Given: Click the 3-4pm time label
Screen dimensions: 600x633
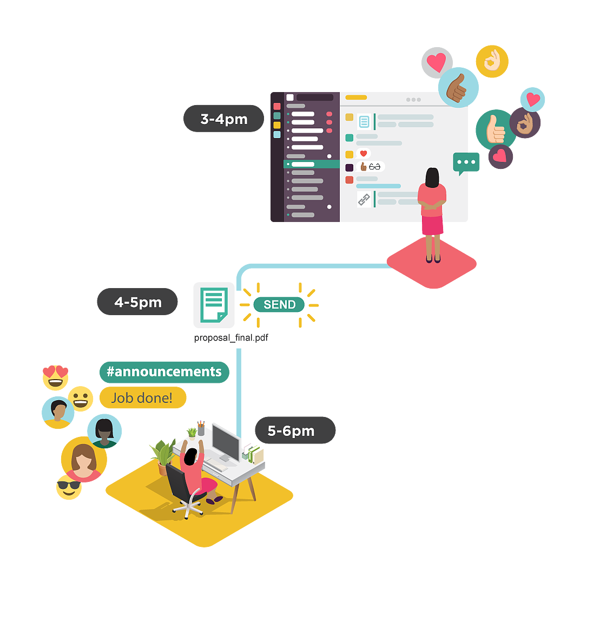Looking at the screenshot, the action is click(223, 119).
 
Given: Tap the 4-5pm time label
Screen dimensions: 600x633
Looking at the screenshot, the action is click(137, 302).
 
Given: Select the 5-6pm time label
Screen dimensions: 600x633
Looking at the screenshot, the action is click(295, 430).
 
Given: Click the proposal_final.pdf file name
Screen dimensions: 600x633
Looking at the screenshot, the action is click(231, 338).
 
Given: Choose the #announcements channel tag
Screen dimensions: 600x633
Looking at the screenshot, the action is click(164, 372).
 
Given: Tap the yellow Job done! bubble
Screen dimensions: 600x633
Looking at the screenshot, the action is click(142, 398).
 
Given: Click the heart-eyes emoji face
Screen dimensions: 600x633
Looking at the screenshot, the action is click(55, 377).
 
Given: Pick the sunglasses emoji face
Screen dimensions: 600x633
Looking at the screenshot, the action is click(69, 487).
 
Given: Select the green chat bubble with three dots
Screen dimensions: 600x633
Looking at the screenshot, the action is click(466, 162).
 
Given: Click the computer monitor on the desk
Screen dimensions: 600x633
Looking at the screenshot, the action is click(226, 441).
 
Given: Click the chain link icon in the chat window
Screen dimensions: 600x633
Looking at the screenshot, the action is click(364, 199).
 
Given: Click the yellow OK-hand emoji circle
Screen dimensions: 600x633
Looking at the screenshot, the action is click(492, 61).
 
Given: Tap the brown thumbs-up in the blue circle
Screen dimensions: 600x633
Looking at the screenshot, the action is click(458, 88).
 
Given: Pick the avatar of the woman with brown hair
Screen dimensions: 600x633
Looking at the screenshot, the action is click(83, 459).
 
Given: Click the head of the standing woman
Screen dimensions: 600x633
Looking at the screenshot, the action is click(432, 177).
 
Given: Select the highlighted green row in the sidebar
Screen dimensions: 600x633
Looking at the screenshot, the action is click(312, 164).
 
